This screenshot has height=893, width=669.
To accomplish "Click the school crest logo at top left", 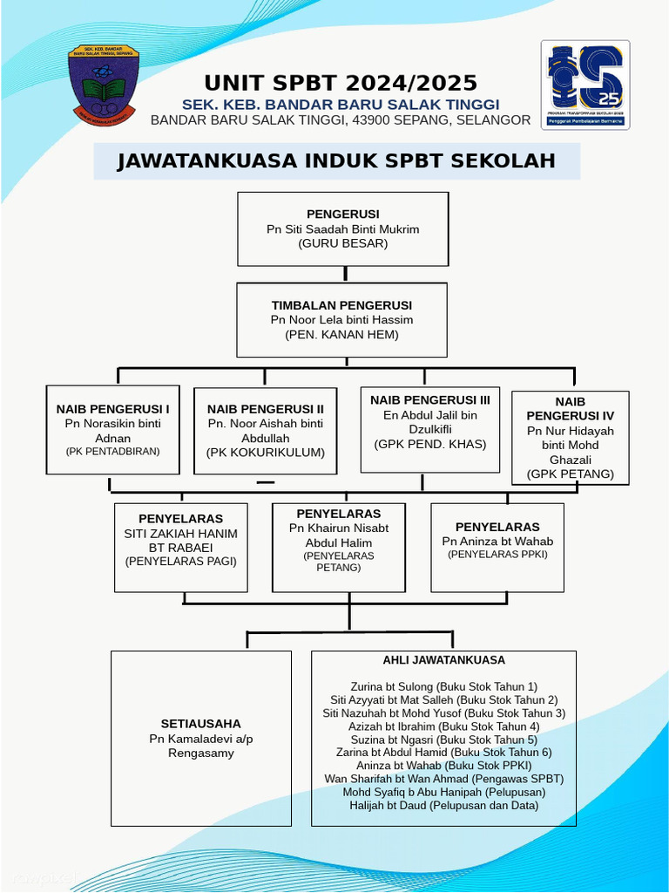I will pos(104,85).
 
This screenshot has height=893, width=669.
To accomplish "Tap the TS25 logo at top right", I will pos(585,85).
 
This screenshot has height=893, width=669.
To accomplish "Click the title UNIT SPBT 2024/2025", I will pos(341,83).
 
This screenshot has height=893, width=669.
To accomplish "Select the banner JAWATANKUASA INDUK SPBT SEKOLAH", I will pos(336,161).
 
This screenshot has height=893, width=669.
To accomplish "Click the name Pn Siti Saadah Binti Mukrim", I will pos(342,229).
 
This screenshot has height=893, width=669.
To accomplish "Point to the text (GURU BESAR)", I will pos(342,243).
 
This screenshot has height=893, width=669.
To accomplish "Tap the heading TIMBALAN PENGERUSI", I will pos(341,305).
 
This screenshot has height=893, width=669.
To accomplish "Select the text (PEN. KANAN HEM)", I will pos(341,334).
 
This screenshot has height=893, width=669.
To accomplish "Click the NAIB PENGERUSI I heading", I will pos(113,408).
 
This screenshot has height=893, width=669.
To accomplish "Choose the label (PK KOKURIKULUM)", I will pos(265,452).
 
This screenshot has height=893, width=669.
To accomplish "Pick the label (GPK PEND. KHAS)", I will pos(430,444).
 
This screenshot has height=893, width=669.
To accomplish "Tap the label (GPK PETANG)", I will pos(570,474).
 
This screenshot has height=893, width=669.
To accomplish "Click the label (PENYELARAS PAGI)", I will pos(180,562).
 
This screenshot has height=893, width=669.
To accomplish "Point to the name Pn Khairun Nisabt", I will pos(339,528).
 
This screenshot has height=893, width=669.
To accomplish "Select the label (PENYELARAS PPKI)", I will pos(497,555).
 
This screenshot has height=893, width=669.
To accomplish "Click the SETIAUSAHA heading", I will pos(201,724).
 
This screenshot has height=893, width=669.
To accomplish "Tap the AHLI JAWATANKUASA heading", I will pos(443,660).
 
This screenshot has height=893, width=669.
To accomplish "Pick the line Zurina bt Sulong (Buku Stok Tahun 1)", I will pos(443,687).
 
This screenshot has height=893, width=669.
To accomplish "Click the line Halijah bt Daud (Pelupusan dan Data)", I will pos(443,805).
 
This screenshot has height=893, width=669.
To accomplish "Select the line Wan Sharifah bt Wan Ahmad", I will pos(443,779).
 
